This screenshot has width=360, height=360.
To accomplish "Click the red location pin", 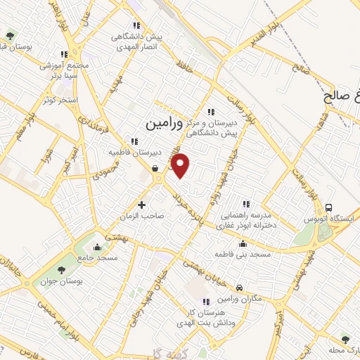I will click(x=181, y=165).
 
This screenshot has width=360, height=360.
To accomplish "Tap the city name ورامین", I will click(x=163, y=123).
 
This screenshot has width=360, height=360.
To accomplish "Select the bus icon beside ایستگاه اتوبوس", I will click(x=329, y=207).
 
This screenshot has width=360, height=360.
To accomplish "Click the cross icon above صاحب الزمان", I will click(x=142, y=205).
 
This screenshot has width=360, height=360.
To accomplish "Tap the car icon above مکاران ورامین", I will click(x=240, y=288).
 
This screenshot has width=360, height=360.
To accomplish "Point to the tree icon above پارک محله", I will click(x=345, y=339).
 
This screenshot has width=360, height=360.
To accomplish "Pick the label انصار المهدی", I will click(x=135, y=47).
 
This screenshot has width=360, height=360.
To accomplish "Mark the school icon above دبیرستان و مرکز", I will click(x=210, y=110).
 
